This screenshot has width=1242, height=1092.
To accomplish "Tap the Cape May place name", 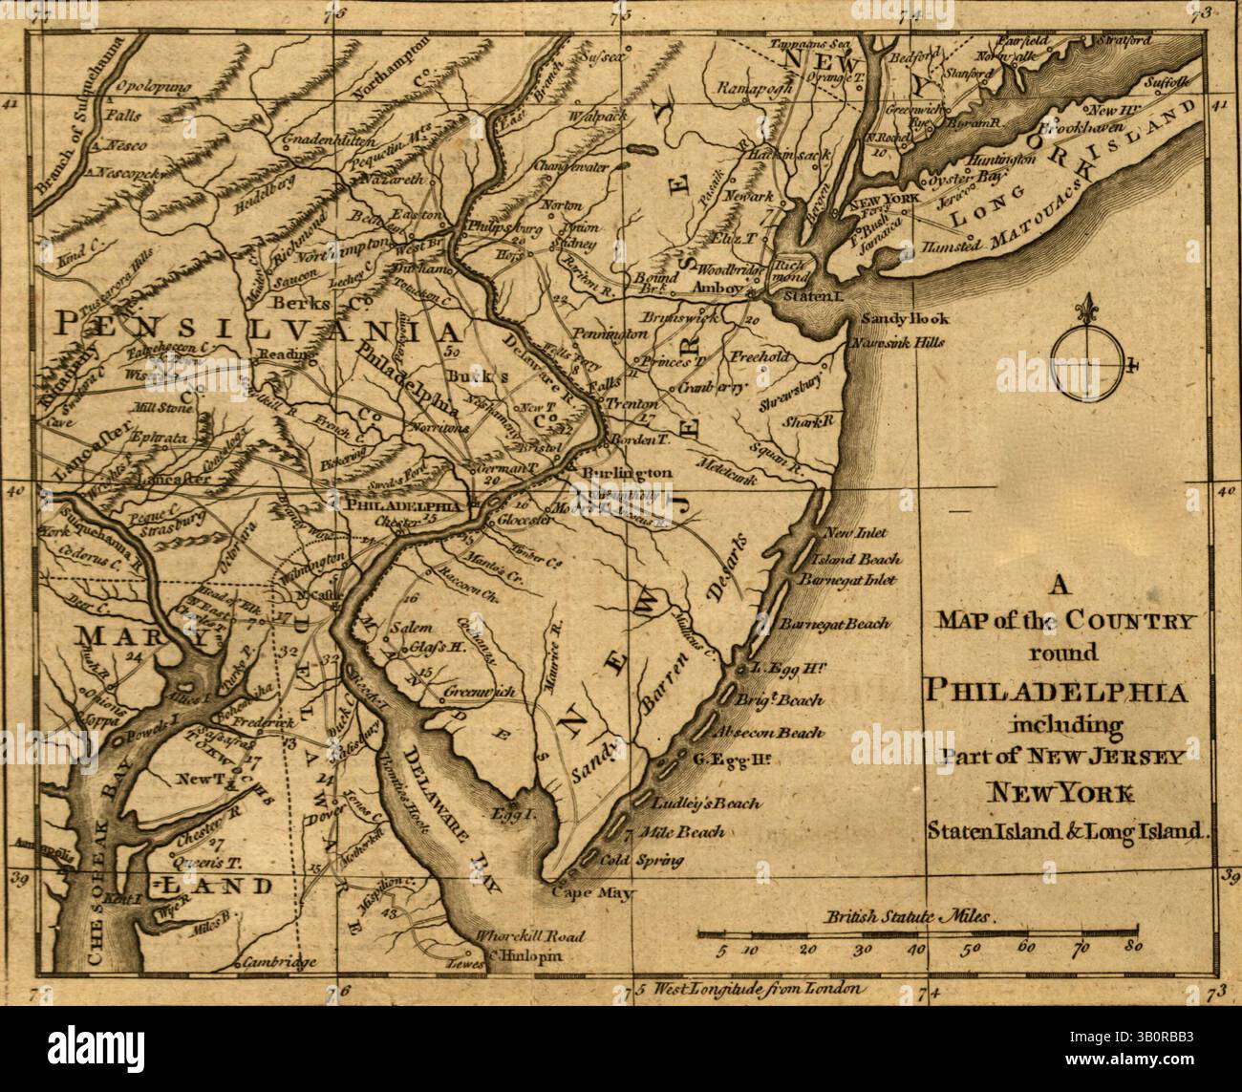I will pyautogui.click(x=582, y=892).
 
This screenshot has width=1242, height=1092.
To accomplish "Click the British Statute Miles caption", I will pyautogui.click(x=913, y=915).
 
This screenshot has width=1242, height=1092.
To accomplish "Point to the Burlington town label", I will pyautogui.click(x=617, y=473).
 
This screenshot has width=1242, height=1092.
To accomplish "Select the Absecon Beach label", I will pyautogui.click(x=776, y=734).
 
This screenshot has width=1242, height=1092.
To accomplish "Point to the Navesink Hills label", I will pyautogui.click(x=899, y=341).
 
